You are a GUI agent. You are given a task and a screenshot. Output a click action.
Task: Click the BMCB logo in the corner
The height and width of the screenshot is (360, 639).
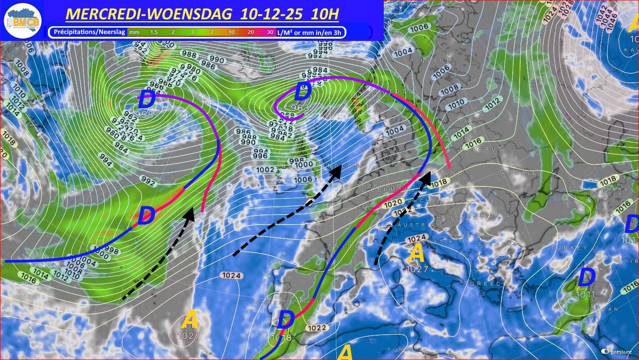[x=23, y=21]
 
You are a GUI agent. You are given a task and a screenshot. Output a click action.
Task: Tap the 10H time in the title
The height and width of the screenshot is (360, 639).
[x=325, y=14]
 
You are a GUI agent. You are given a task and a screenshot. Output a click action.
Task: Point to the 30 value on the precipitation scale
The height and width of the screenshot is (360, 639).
[x=269, y=32]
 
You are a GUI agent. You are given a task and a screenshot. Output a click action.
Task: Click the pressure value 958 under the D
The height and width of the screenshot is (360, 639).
[x=144, y=114]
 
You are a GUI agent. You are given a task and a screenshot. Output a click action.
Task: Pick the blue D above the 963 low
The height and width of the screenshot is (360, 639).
[x=302, y=92]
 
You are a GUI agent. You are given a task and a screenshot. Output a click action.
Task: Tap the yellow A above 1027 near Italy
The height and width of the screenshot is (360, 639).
[x=416, y=253]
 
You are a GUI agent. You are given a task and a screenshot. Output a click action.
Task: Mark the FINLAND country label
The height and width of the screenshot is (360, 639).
[x=434, y=61]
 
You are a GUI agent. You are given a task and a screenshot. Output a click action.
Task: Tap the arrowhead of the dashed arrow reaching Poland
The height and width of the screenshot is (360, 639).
[x=426, y=175]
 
